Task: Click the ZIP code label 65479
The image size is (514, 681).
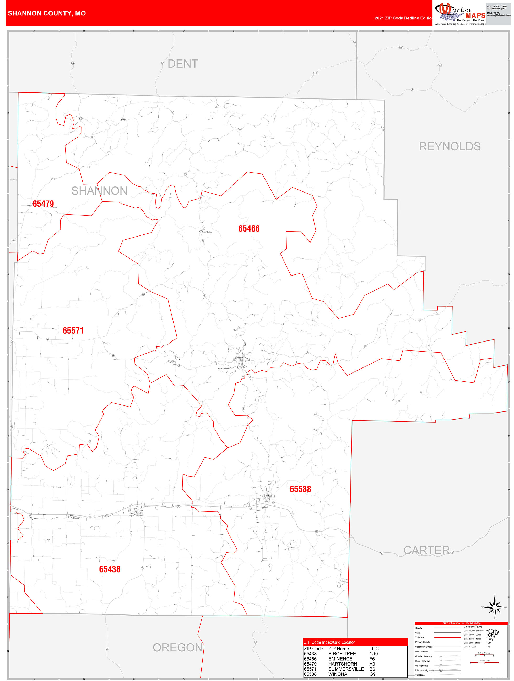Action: (43, 204)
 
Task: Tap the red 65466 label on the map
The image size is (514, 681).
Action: (249, 228)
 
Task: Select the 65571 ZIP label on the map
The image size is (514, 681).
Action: (73, 331)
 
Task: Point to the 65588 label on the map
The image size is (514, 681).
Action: (300, 489)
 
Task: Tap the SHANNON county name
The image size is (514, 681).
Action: (99, 191)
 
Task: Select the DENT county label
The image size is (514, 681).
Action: (183, 64)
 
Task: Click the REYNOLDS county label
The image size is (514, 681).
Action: (450, 146)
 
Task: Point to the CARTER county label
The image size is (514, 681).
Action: (426, 550)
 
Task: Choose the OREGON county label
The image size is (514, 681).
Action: (178, 647)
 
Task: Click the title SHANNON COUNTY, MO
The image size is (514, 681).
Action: (47, 13)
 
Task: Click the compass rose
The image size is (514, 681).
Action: (495, 607)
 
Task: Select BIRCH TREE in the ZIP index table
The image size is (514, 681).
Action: (342, 653)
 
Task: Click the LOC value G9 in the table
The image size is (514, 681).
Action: (372, 674)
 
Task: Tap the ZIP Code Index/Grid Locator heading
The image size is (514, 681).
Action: (329, 642)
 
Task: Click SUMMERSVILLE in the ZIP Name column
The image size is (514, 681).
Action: (346, 669)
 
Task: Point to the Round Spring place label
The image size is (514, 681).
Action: (207, 232)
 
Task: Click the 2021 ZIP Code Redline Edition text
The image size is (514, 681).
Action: (404, 18)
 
